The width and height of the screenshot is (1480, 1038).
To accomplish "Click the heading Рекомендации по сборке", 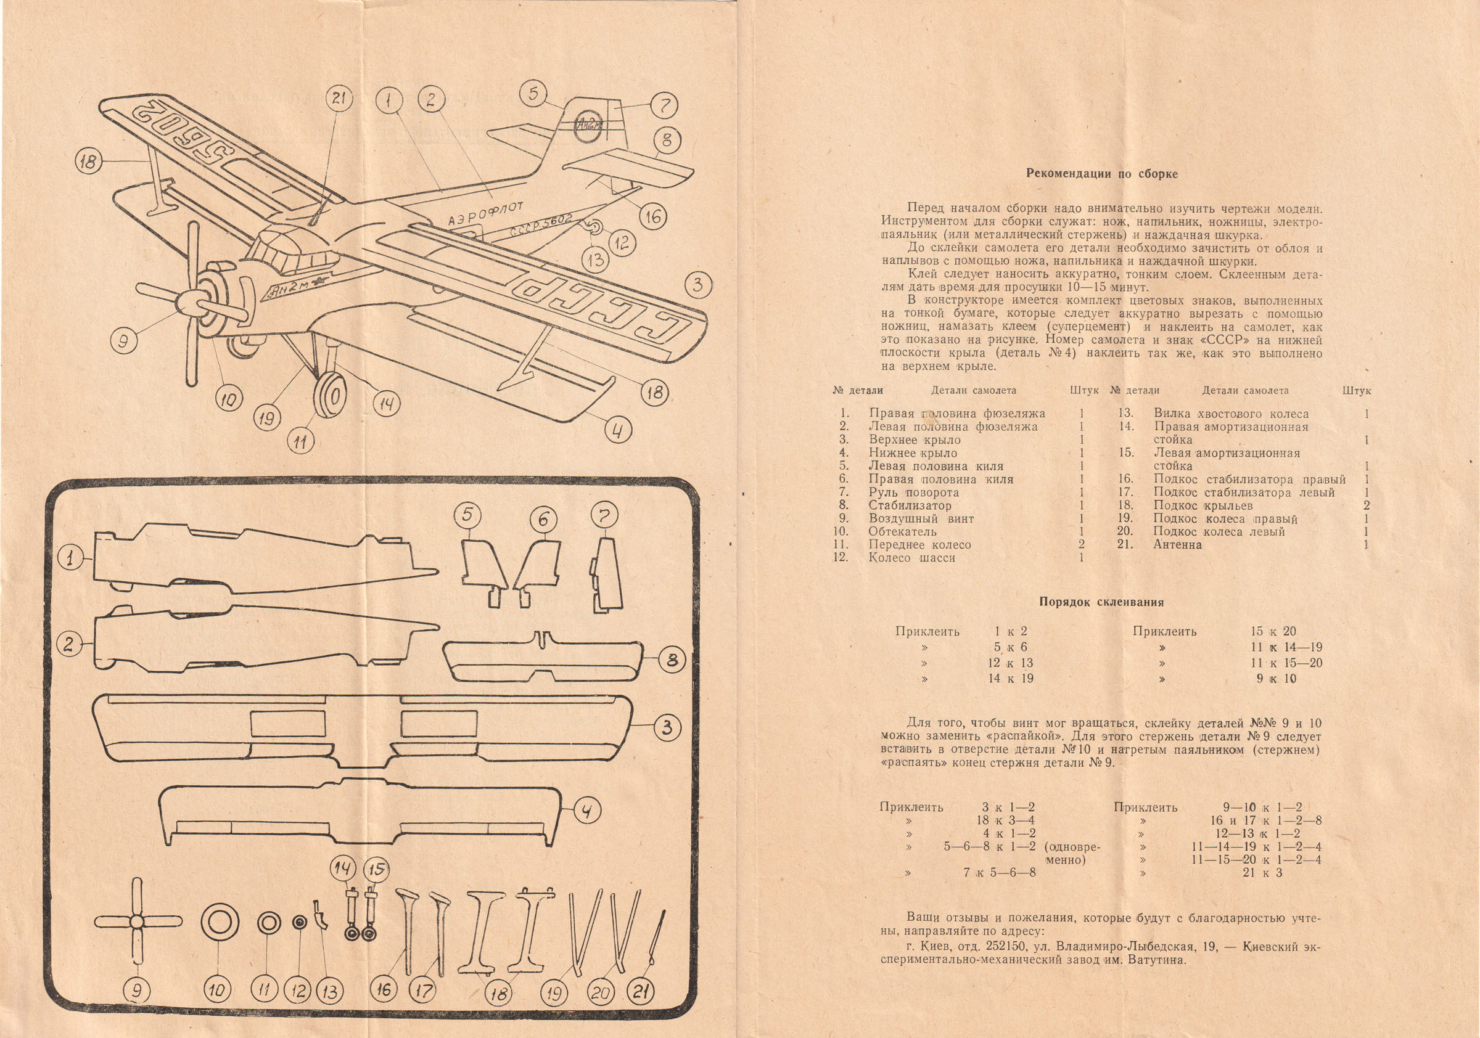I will pyautogui.click(x=1101, y=174).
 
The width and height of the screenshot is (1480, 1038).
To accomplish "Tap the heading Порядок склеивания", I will pyautogui.click(x=1101, y=602).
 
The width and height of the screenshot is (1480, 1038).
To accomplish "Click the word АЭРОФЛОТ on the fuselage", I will pyautogui.click(x=485, y=213).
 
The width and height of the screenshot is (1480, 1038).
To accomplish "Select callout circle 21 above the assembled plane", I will pyautogui.click(x=339, y=99).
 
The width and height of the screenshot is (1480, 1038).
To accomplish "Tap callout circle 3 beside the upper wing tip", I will pyautogui.click(x=697, y=285).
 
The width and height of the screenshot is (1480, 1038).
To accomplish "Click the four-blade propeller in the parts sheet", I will pyautogui.click(x=138, y=922).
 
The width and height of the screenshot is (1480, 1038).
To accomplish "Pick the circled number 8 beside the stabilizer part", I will pyautogui.click(x=672, y=660).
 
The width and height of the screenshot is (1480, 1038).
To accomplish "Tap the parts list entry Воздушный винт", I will pyautogui.click(x=921, y=518).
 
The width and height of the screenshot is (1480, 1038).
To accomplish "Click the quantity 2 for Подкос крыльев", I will pyautogui.click(x=1366, y=506).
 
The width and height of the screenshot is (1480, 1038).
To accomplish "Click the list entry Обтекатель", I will pyautogui.click(x=902, y=531).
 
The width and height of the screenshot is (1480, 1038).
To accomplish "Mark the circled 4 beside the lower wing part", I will pyautogui.click(x=586, y=811).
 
